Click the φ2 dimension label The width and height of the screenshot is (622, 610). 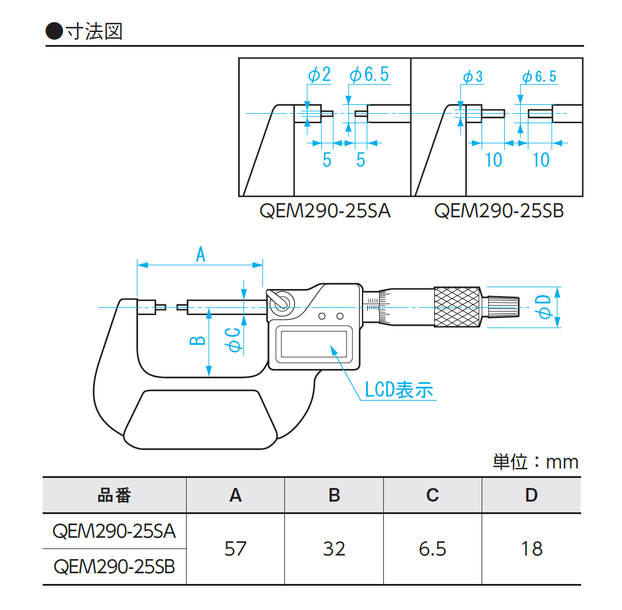(320, 75)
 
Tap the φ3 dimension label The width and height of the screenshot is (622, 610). (473, 76)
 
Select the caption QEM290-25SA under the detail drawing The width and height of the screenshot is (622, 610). (325, 211)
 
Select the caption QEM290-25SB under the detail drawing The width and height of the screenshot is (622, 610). (499, 211)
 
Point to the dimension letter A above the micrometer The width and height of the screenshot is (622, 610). (200, 255)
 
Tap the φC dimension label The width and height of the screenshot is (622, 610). (234, 340)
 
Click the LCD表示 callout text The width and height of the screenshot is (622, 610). (398, 389)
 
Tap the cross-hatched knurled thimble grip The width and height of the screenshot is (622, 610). (457, 307)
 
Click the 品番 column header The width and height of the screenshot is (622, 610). (114, 495)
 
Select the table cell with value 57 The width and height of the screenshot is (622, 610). (235, 548)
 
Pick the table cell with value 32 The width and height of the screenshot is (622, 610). (334, 548)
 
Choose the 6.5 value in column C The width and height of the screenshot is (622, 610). (432, 548)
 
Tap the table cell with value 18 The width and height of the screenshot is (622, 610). (531, 548)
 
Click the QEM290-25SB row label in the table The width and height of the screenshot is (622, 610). (114, 567)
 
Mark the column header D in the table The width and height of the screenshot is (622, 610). (531, 495)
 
